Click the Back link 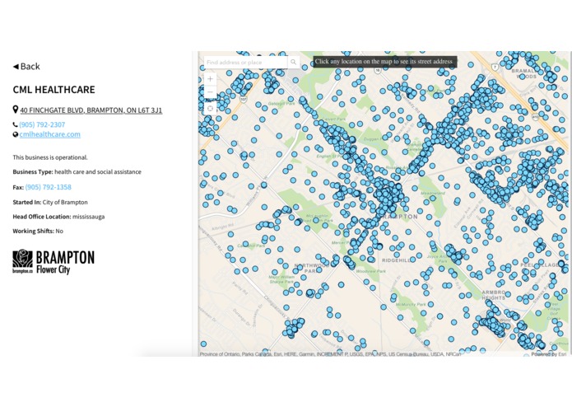pos(26,67)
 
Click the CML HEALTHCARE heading pos(53,90)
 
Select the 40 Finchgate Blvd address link pos(91,110)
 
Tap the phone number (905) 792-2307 pos(42,124)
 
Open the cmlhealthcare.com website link pos(49,134)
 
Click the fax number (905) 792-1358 pos(48,187)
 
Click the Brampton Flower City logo pos(53,261)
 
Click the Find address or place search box pos(245,62)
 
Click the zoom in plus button pos(210,79)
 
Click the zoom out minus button pos(210,93)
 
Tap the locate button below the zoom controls pos(210,108)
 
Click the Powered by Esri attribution pos(549,354)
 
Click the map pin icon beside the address pos(16,110)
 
